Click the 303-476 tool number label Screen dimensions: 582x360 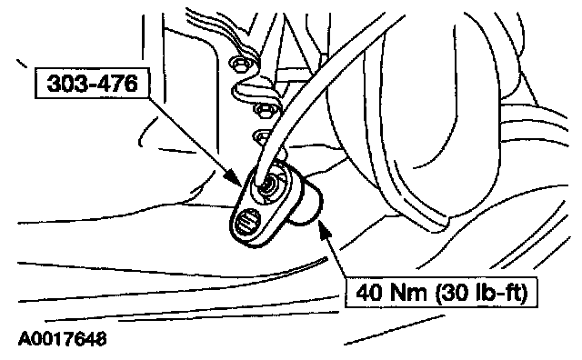tap(92, 83)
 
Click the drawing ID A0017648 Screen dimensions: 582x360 tap(63, 339)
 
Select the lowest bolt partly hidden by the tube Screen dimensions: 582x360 tap(262, 136)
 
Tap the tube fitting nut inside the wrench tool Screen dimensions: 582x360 tap(268, 185)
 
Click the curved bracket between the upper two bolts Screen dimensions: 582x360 tap(256, 88)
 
